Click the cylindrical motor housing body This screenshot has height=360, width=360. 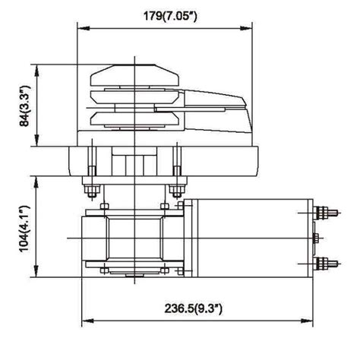point(251,238)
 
